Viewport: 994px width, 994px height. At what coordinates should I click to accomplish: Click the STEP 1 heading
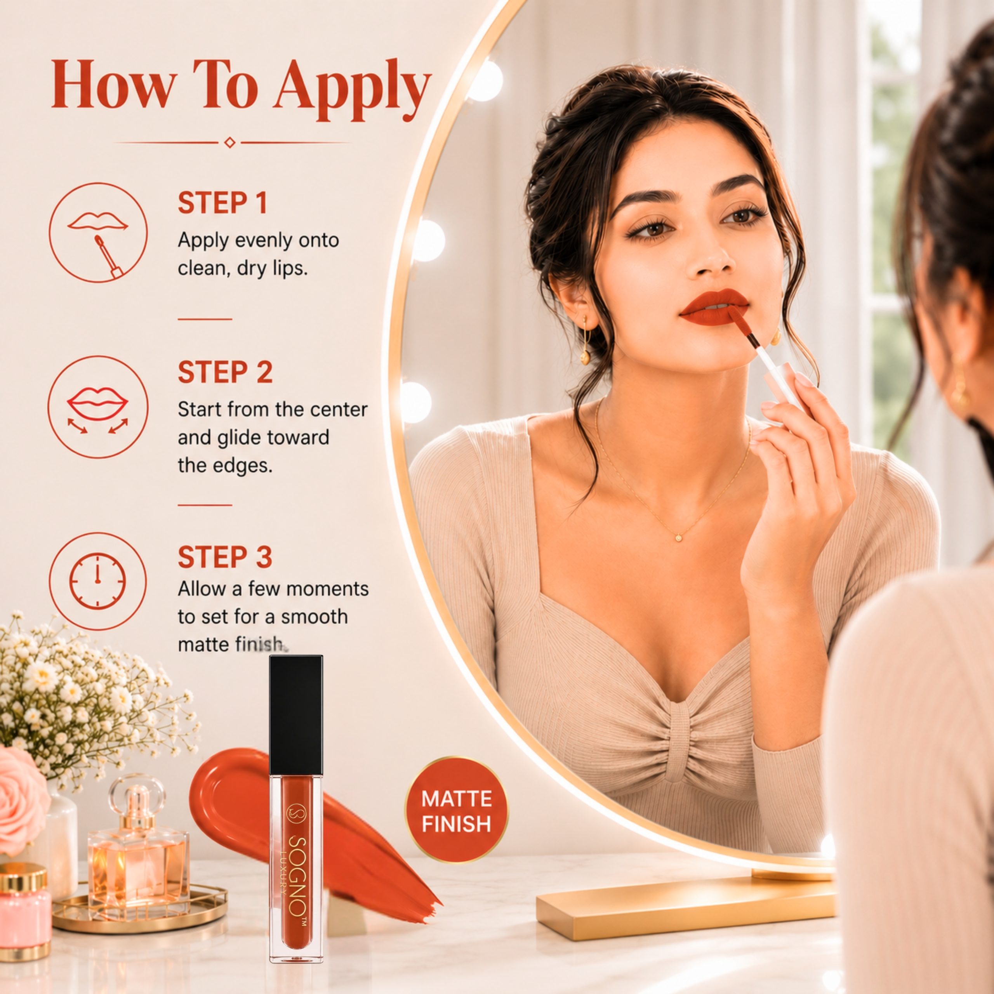tap(223, 203)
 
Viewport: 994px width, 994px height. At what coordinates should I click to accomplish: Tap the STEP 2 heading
tap(225, 372)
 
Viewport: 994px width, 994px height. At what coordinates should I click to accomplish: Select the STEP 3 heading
tap(225, 557)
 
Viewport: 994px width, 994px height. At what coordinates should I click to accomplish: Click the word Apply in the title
tap(352, 87)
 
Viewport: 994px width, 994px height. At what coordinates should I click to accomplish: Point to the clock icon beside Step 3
tap(98, 581)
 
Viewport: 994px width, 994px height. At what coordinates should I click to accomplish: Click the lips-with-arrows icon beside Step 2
tap(98, 407)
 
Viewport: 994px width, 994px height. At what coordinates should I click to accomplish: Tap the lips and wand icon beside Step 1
tap(98, 233)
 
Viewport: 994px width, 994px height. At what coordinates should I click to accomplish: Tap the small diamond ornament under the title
tap(230, 142)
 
